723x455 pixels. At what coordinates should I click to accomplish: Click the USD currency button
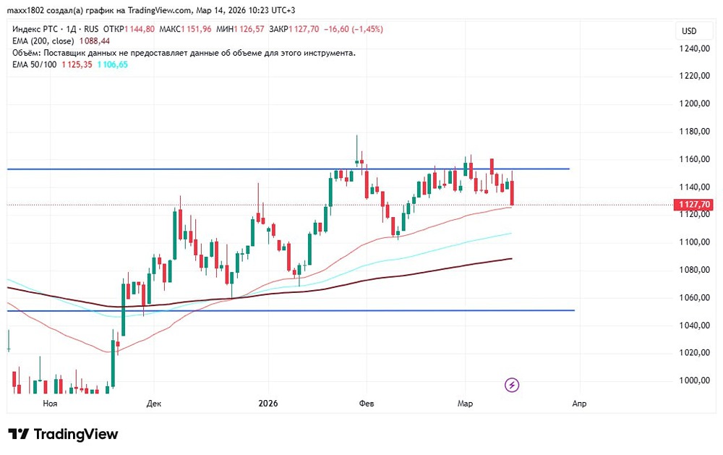click(688, 31)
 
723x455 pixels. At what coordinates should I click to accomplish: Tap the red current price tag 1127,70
click(693, 205)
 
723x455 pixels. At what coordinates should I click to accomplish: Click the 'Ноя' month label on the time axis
click(50, 404)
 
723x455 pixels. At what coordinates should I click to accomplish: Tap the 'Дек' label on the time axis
click(153, 404)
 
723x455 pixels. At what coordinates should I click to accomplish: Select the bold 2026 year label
click(268, 404)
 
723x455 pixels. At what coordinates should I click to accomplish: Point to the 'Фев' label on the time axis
click(366, 404)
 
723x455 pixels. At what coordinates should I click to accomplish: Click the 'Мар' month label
click(464, 404)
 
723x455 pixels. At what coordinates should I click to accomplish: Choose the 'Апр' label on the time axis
click(579, 404)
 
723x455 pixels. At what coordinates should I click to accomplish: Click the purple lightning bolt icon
click(512, 385)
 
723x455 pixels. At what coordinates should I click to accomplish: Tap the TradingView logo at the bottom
click(63, 434)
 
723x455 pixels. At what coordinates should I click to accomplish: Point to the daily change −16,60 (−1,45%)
click(354, 29)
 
